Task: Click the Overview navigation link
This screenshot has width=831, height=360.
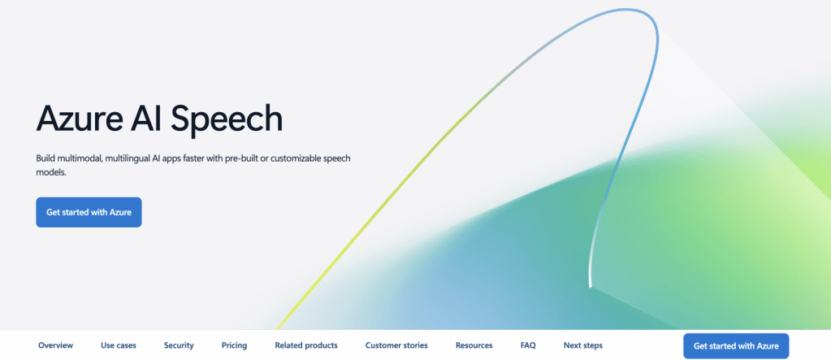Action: coord(56,345)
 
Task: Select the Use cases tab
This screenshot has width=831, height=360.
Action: coord(118,345)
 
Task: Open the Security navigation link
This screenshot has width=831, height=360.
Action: coord(179,345)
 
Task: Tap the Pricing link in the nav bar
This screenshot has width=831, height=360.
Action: coord(234,345)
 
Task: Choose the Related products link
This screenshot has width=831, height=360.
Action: coord(306,345)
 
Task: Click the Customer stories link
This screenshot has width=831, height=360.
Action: coord(396,345)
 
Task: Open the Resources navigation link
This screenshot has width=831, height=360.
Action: coord(474,345)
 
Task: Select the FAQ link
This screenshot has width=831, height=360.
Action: coord(528,345)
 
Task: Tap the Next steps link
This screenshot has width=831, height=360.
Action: coord(583,345)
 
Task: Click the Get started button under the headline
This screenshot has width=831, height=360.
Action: coord(89,212)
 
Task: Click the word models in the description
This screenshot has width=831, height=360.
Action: coord(51,173)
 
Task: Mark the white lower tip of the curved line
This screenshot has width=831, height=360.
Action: coord(590,286)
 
